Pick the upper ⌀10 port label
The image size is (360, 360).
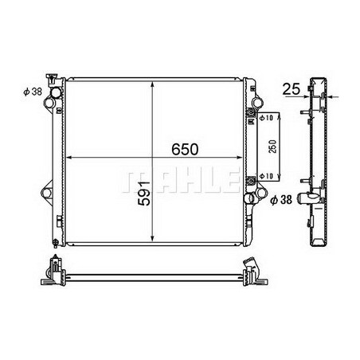[x=268, y=119]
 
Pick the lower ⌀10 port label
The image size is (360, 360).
[x=268, y=175]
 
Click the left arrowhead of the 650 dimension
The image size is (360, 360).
[x=69, y=155]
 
